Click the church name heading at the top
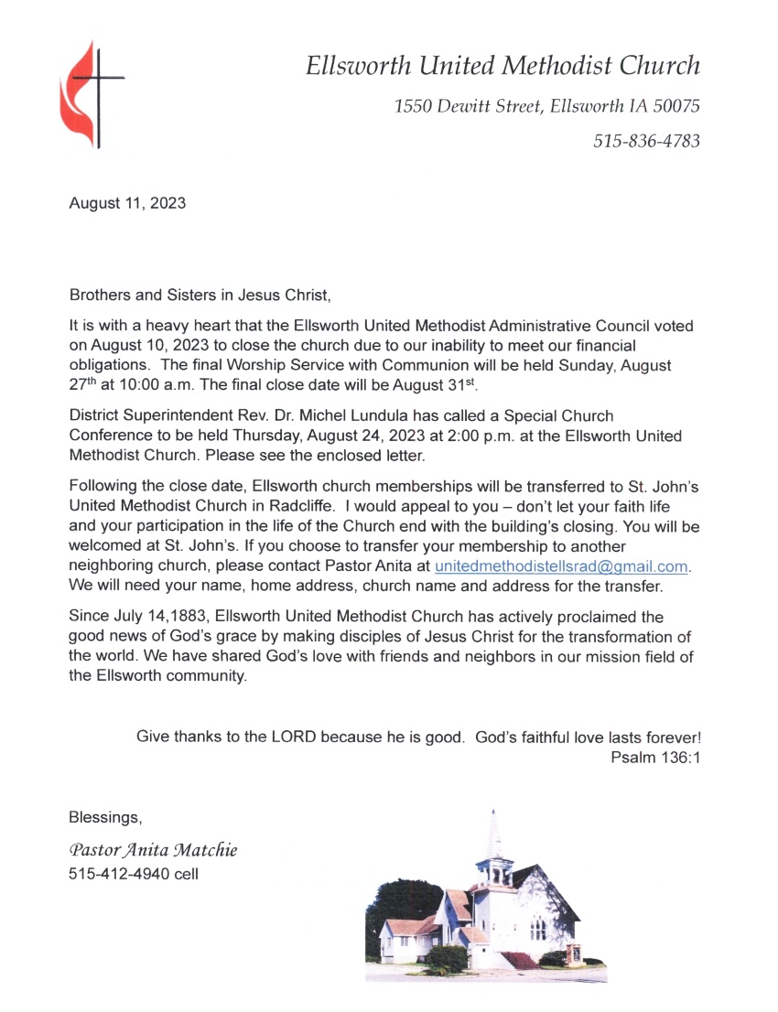[502, 66]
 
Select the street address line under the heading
[546, 106]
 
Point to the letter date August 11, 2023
[127, 203]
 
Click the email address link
[561, 566]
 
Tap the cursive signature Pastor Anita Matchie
[153, 850]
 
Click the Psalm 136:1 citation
[654, 758]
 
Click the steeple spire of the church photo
[494, 833]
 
